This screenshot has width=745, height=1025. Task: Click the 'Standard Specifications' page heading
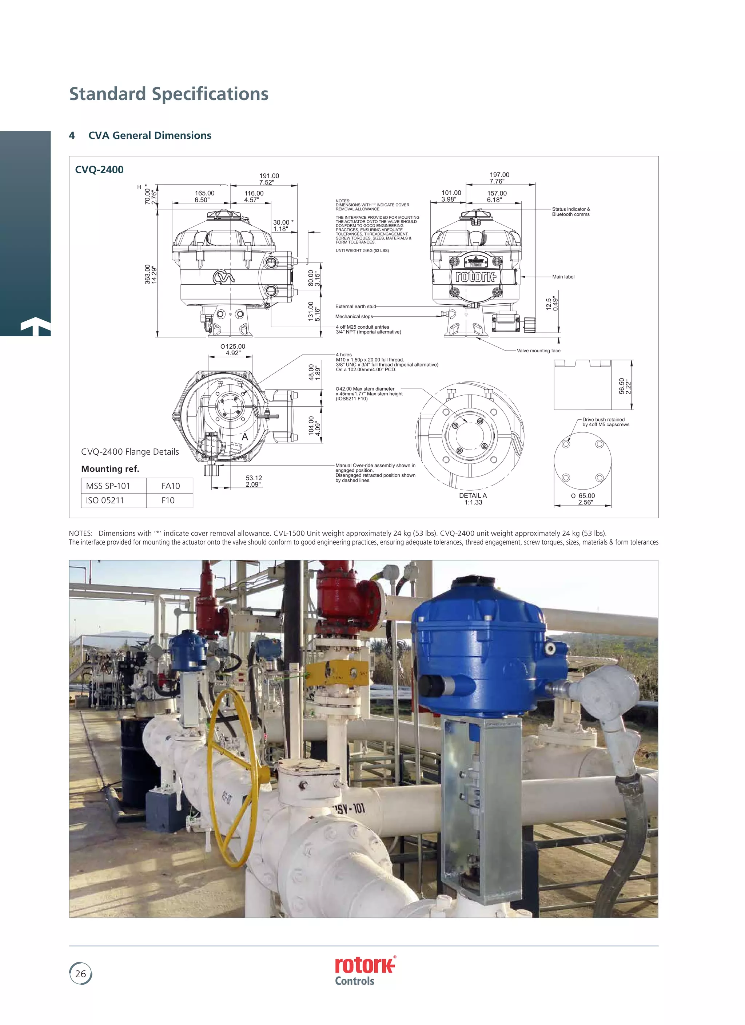[x=168, y=94]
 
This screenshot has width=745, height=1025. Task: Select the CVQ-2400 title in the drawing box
[x=99, y=170]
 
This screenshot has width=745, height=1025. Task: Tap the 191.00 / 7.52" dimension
[x=269, y=179]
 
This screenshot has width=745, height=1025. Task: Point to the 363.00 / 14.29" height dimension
[x=151, y=274]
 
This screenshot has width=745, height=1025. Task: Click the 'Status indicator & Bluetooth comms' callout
[x=571, y=211]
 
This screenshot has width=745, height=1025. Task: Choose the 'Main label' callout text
[x=563, y=277]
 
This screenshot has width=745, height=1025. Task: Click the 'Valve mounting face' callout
[x=538, y=351]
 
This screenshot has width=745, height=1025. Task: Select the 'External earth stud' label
[x=355, y=306]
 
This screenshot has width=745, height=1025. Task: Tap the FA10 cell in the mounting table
[x=170, y=486]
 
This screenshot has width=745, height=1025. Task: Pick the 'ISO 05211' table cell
[x=105, y=500]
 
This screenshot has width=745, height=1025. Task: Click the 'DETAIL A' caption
[x=473, y=496]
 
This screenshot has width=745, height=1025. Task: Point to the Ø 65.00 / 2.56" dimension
[x=583, y=499]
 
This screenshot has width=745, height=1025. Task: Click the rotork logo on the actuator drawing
[x=475, y=276]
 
